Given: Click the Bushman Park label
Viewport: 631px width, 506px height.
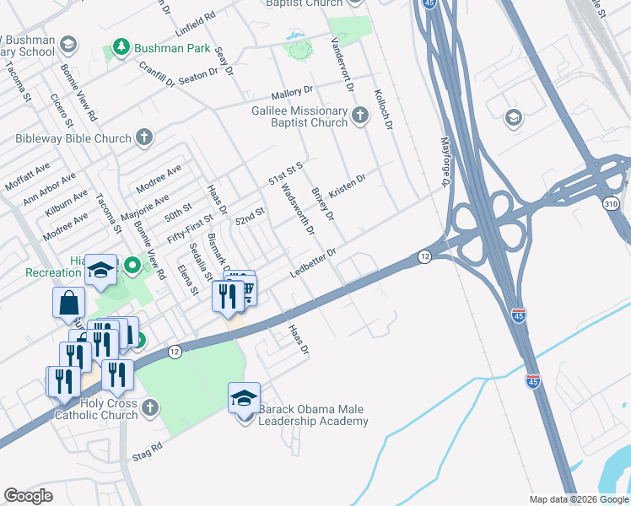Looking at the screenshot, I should click(173, 48).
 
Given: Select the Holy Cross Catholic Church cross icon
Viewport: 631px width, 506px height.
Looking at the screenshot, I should click(150, 408).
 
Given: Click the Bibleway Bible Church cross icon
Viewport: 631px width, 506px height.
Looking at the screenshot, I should click(144, 136).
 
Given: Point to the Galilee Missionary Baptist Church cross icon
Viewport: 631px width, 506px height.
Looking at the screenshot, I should click(361, 115).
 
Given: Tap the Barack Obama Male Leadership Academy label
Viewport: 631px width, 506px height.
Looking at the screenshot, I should click(313, 415).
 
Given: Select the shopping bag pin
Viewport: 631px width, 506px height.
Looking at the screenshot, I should click(68, 303).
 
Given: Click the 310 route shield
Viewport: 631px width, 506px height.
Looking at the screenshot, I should click(612, 203).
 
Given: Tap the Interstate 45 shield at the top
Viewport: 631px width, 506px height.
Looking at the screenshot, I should click(429, 4).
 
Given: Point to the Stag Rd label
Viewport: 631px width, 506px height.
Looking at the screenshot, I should click(145, 451).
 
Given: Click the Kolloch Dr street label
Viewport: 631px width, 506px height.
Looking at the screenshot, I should click(382, 108).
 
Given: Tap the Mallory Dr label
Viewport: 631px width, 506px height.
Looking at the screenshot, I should click(292, 94).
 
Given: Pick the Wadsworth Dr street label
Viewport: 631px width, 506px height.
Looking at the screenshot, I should click(298, 209).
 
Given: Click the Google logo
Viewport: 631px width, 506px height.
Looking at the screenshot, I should click(29, 495).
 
